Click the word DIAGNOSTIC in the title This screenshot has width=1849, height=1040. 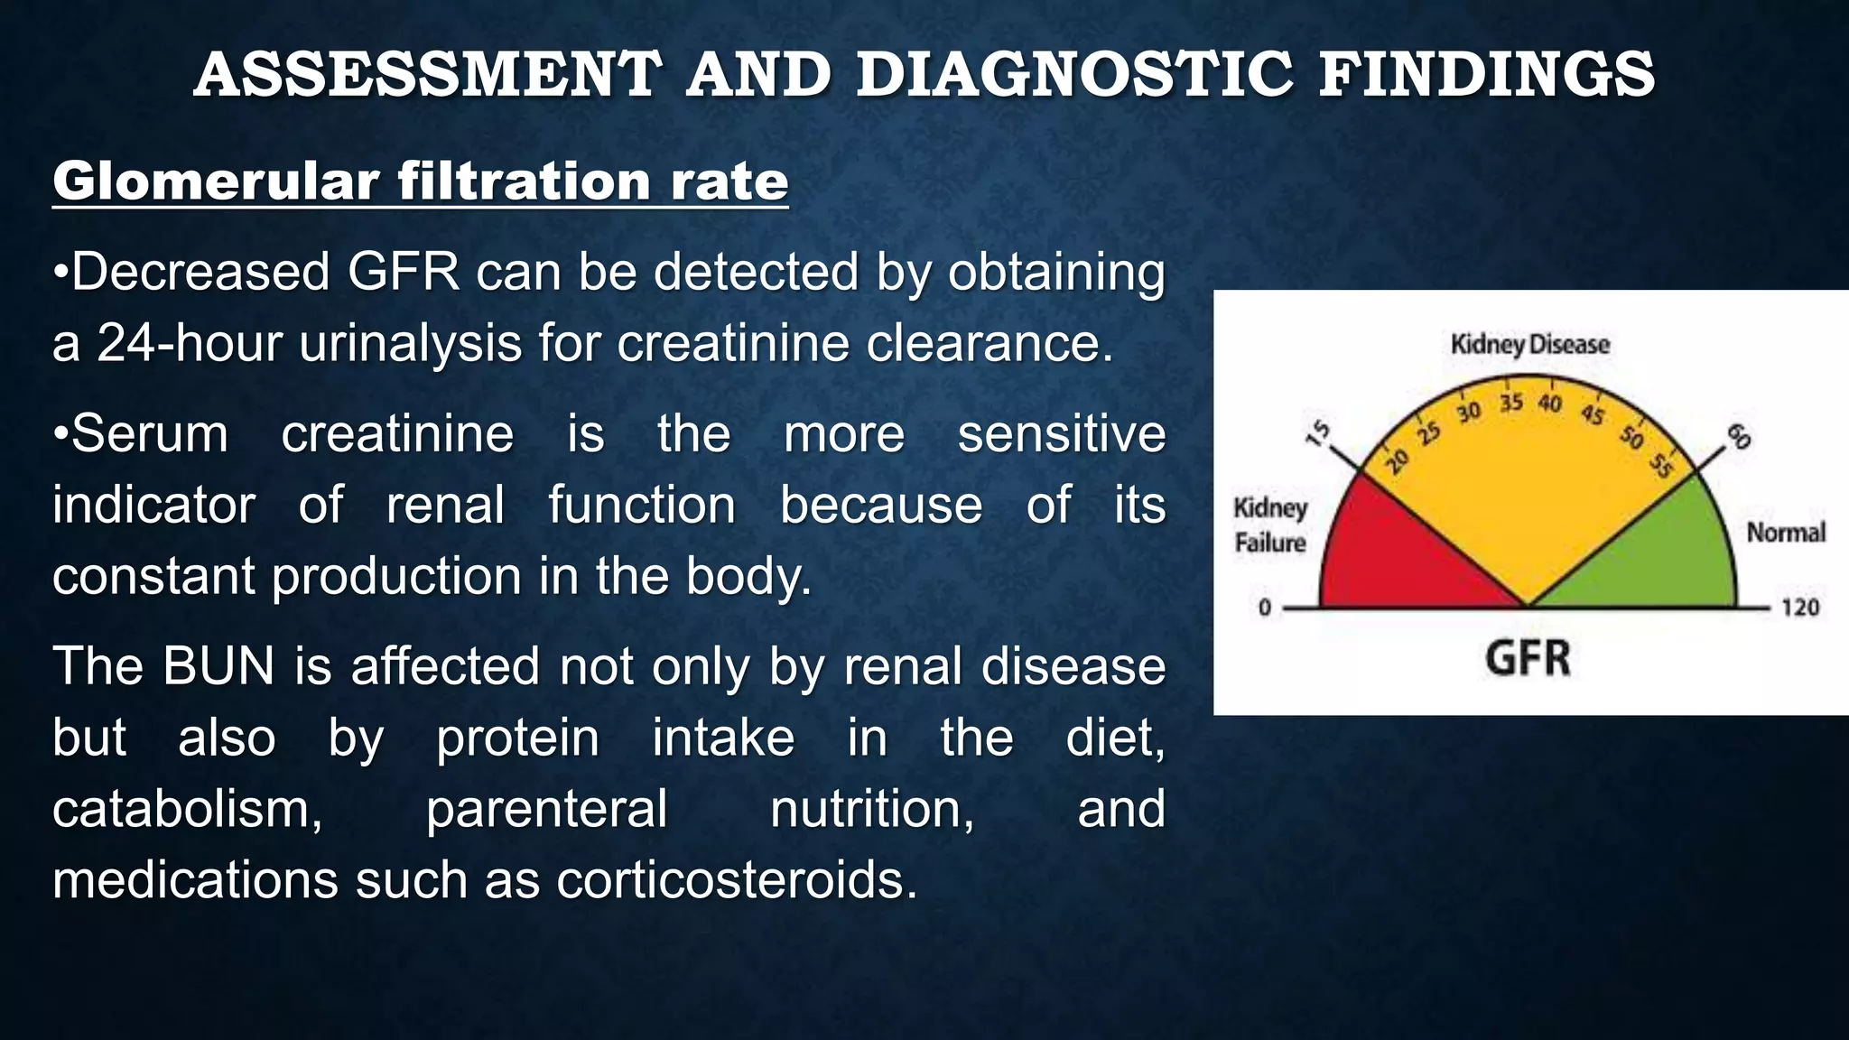[x=1074, y=74]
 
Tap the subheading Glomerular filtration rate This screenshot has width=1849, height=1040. [x=420, y=181]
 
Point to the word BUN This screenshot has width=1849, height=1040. [x=218, y=666]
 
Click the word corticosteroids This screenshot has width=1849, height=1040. [x=736, y=880]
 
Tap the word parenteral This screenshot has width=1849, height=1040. [x=546, y=809]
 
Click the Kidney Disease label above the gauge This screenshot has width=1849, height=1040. [x=1529, y=344]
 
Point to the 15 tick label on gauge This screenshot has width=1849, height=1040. [x=1319, y=433]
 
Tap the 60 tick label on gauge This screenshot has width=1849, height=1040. [x=1738, y=436]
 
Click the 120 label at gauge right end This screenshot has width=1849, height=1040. [x=1799, y=608]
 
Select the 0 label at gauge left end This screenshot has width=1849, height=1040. [x=1264, y=608]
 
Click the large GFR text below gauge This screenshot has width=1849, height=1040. [x=1528, y=658]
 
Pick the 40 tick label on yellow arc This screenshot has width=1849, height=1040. [x=1550, y=403]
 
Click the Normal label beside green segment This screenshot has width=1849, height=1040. [x=1785, y=533]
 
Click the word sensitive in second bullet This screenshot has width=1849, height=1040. [x=1061, y=434]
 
